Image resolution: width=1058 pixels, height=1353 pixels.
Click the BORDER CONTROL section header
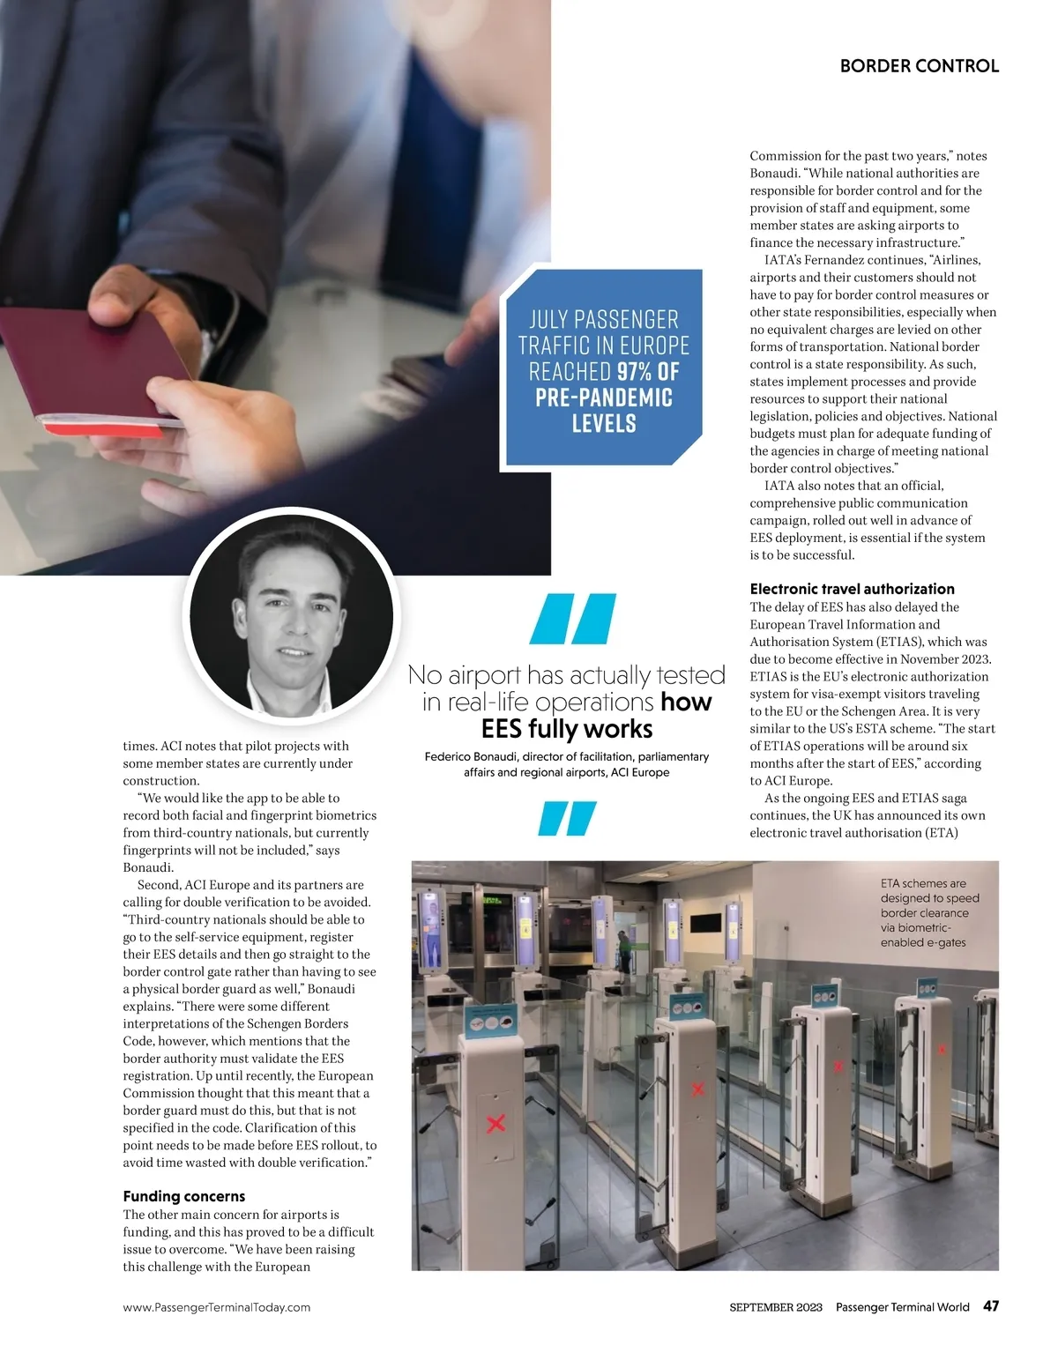919,66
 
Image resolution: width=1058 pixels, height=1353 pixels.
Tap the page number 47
991,1306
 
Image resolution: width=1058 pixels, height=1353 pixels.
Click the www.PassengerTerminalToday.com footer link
217,1307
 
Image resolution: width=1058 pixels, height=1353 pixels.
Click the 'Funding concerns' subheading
184,1196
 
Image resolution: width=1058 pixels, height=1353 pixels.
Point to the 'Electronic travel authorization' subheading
852,589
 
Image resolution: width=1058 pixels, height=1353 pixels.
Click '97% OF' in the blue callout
648,371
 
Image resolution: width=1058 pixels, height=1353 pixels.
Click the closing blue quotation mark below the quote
568,818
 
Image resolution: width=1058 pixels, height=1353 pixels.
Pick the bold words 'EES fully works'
567,729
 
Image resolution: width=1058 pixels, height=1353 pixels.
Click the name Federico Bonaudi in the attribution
470,756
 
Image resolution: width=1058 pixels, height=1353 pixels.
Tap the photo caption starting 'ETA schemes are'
929,912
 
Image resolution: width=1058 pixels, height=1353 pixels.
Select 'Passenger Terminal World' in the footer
902,1307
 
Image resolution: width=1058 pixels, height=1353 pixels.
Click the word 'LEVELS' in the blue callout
604,423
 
